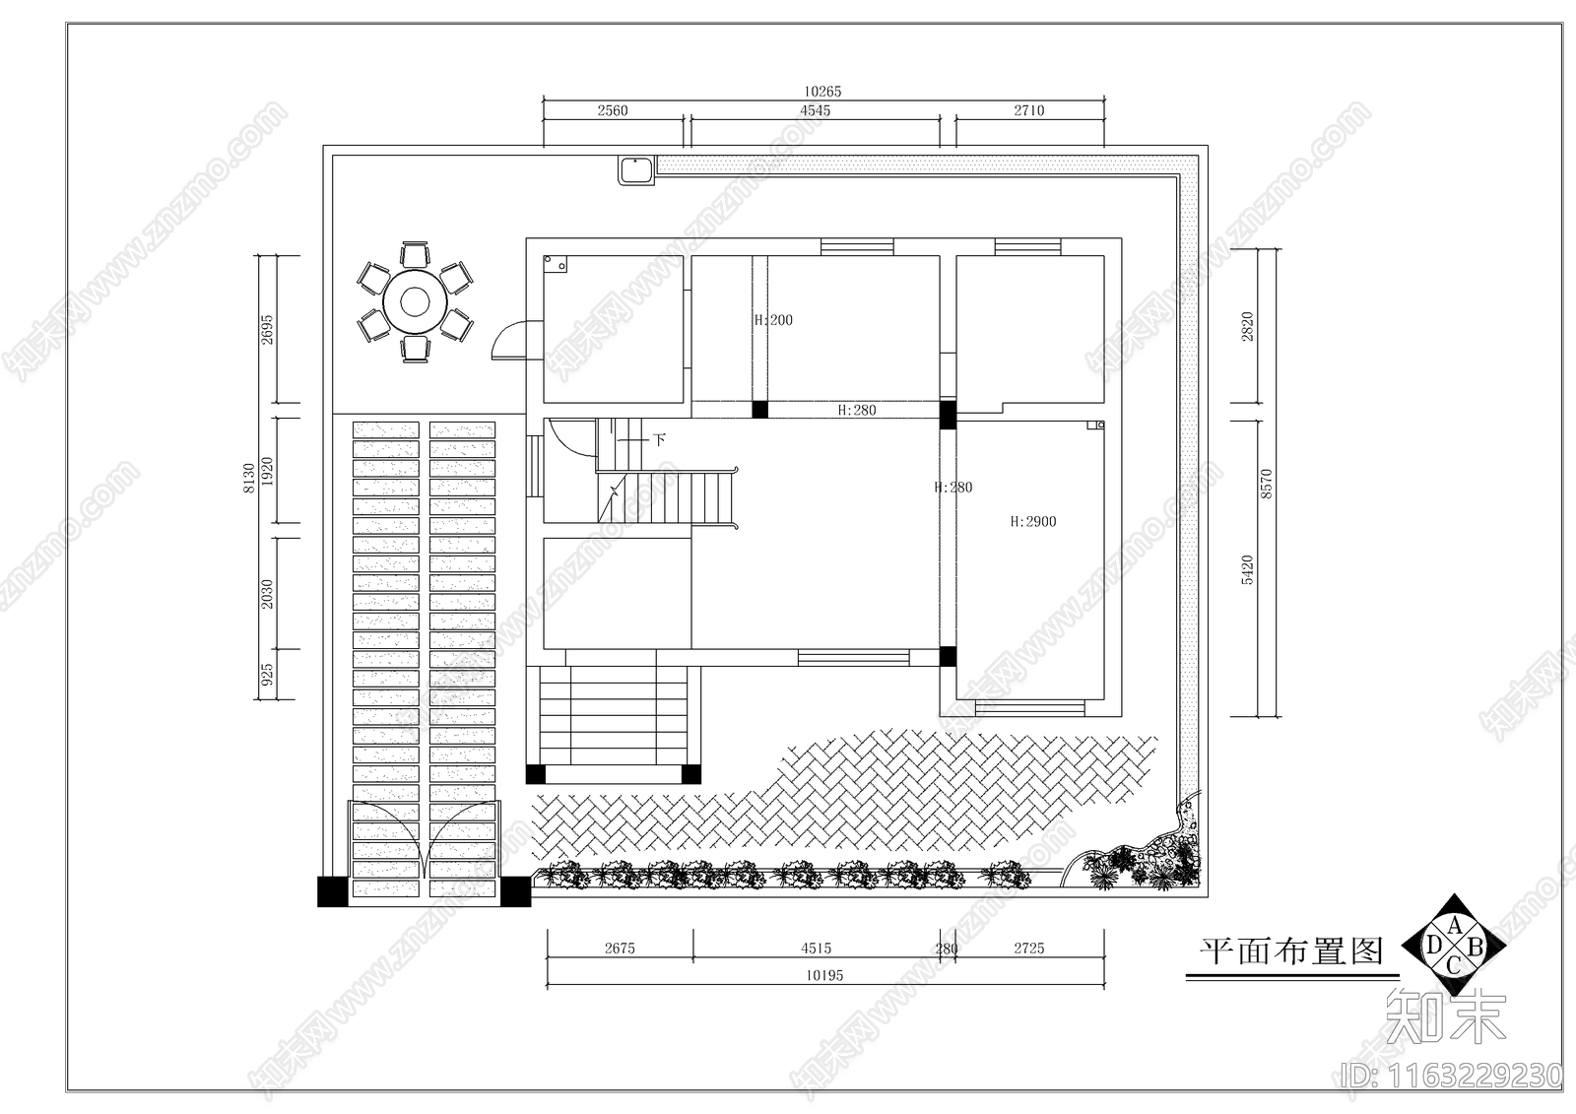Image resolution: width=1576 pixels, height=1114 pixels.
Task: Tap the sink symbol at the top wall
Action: (637, 170)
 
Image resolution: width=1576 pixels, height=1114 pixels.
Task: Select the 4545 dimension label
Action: (815, 110)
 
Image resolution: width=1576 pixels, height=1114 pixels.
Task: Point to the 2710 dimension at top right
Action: (1028, 110)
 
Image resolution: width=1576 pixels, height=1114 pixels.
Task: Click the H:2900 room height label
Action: (1032, 522)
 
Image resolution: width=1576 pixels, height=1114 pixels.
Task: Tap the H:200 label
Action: (773, 320)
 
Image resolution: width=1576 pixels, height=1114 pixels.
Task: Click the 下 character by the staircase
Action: (659, 439)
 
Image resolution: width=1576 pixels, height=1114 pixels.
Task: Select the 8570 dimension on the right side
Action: (1267, 483)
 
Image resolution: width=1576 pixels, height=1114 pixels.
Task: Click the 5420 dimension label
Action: (1247, 569)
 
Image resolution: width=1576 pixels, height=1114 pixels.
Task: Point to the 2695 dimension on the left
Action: (266, 329)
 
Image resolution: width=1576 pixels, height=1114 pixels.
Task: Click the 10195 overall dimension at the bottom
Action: (824, 975)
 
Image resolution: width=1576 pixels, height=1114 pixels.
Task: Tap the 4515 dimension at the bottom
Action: (816, 949)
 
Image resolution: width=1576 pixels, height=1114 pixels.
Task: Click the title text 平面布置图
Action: (1291, 951)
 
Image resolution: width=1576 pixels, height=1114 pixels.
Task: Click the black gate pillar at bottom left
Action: (333, 890)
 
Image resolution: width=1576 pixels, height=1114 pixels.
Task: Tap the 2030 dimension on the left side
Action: (266, 593)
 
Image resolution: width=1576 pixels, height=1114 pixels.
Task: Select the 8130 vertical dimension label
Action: (248, 477)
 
